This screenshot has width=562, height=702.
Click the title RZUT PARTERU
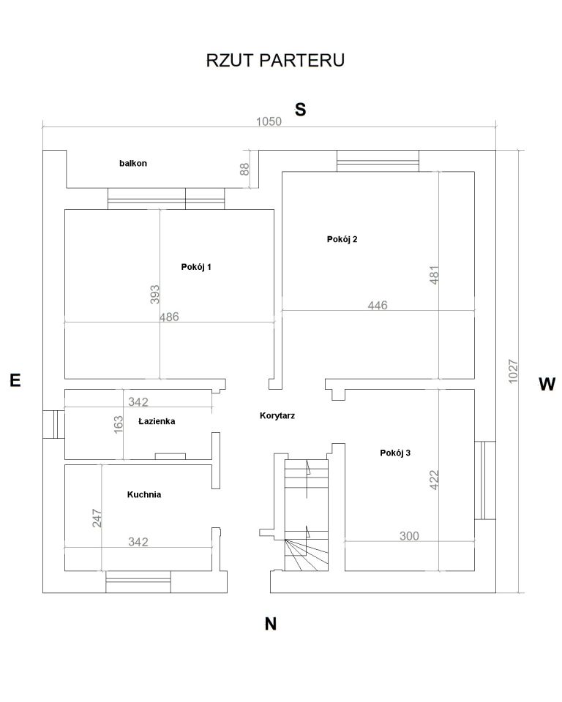point(275,61)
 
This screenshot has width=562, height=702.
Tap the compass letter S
point(300,109)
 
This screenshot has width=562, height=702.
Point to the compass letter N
point(270,624)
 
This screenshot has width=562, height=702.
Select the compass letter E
point(15,380)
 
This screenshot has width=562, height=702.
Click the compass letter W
point(547,384)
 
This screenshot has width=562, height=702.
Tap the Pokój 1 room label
point(196,267)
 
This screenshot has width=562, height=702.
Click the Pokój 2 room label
point(342,239)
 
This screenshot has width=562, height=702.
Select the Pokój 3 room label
point(395,453)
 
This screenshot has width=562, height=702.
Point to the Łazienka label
point(157,421)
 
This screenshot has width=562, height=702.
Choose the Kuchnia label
point(144,495)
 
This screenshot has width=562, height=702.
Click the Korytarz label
point(277,415)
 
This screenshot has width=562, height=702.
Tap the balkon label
point(133,163)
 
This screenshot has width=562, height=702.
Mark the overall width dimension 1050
point(269,121)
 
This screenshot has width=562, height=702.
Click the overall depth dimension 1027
point(513,371)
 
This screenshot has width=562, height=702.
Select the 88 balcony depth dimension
point(244,169)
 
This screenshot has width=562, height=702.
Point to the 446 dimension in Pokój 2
point(378,306)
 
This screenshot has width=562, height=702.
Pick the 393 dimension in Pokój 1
point(154,295)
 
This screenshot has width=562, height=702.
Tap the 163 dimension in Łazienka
point(119,424)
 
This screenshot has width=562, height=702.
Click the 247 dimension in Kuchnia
point(97,518)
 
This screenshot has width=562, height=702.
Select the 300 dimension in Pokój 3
point(409,536)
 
